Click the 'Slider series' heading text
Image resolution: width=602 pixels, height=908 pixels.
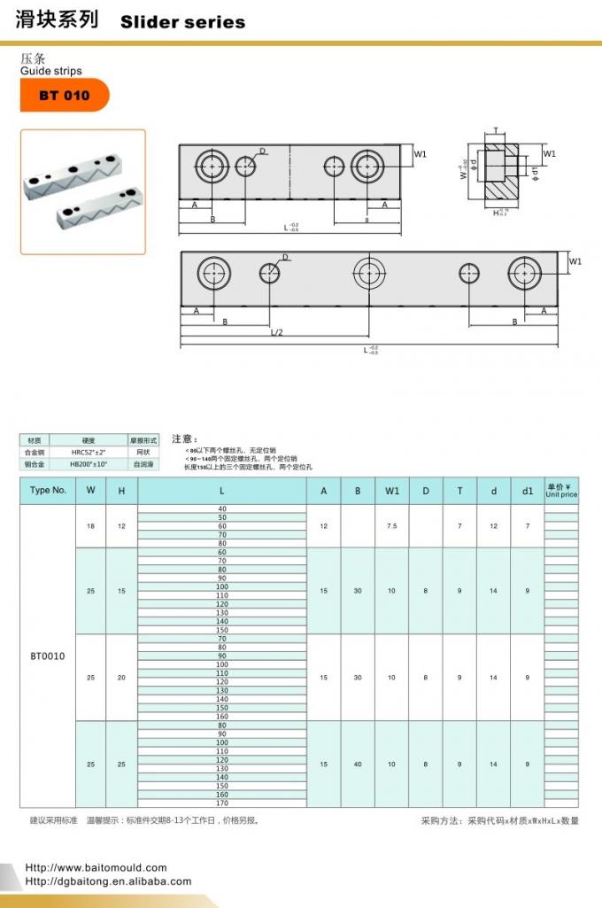pos(182,22)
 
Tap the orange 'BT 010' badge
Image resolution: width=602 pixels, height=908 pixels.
pos(64,96)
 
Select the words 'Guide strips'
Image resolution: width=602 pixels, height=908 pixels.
pos(50,71)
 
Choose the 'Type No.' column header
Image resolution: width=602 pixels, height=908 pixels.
pos(48,491)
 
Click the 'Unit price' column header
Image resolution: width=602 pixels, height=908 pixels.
pos(561,491)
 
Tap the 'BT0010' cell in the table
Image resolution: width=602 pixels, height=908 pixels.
pos(48,656)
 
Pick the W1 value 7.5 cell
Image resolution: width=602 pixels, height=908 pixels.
pos(391,526)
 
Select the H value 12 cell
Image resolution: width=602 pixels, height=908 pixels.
pos(121,526)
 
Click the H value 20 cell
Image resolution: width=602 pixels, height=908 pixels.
pos(121,678)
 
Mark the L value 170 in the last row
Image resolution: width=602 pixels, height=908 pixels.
pos(221,803)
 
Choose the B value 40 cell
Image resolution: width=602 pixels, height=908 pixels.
pos(358,764)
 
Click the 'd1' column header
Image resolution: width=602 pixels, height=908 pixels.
pos(528,491)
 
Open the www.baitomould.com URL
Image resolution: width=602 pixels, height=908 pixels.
pos(96,867)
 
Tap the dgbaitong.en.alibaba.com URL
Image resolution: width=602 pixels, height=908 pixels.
pos(108,881)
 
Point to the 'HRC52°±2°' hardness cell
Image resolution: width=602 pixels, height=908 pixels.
pos(89,452)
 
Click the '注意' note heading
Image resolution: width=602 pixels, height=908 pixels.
pos(184,438)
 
